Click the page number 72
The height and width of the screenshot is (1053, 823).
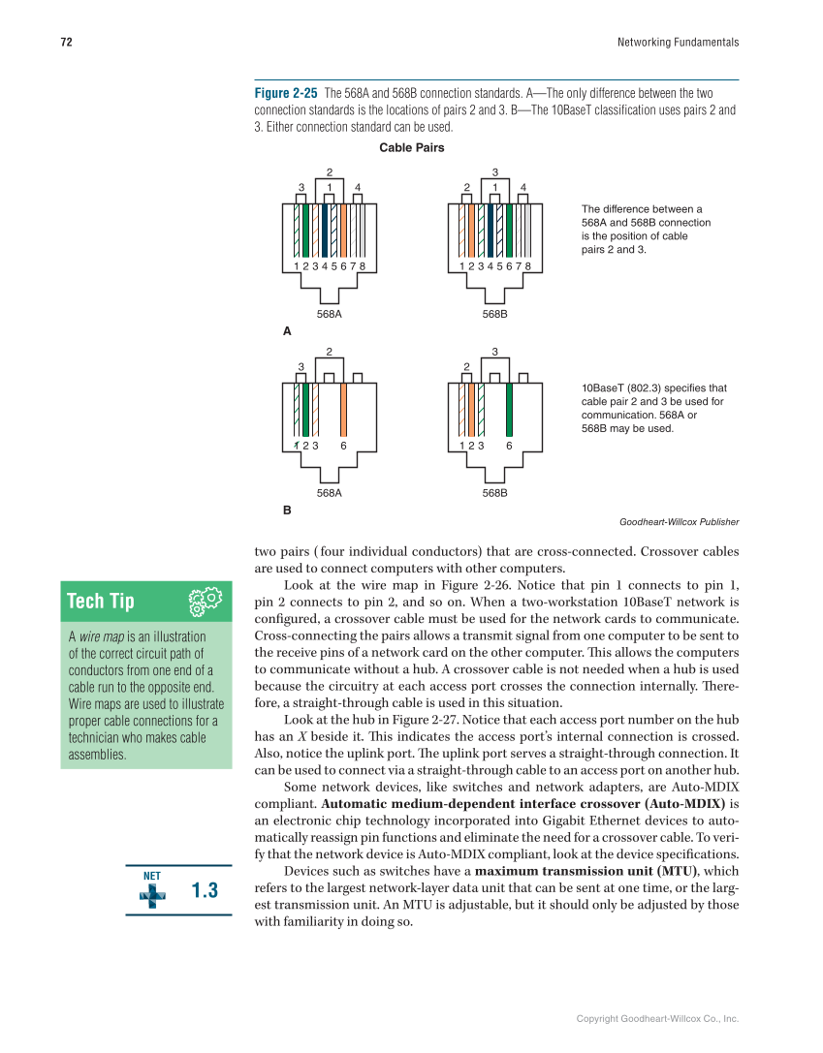(x=66, y=43)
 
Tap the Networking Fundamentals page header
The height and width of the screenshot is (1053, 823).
(x=678, y=43)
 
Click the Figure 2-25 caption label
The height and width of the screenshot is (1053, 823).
(x=285, y=94)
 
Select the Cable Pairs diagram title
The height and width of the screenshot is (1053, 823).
(x=412, y=148)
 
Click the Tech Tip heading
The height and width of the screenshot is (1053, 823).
(x=100, y=602)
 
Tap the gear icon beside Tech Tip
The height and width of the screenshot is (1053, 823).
(x=205, y=603)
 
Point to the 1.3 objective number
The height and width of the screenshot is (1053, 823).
(x=205, y=890)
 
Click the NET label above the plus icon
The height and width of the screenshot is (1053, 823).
(x=152, y=875)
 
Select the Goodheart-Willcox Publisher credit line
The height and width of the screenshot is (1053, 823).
(x=679, y=522)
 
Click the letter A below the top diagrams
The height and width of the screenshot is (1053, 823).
(x=287, y=331)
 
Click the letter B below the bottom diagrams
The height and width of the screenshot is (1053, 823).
(x=287, y=509)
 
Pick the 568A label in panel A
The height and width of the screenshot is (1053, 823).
(x=330, y=315)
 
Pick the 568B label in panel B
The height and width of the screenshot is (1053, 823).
(x=495, y=493)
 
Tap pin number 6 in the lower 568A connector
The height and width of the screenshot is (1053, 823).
(x=343, y=446)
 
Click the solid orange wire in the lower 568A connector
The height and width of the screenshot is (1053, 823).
(x=343, y=409)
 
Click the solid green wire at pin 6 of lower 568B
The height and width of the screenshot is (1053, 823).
(x=509, y=409)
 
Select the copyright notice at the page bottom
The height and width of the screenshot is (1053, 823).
(x=657, y=1019)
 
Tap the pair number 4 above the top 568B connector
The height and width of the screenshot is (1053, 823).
(x=522, y=187)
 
